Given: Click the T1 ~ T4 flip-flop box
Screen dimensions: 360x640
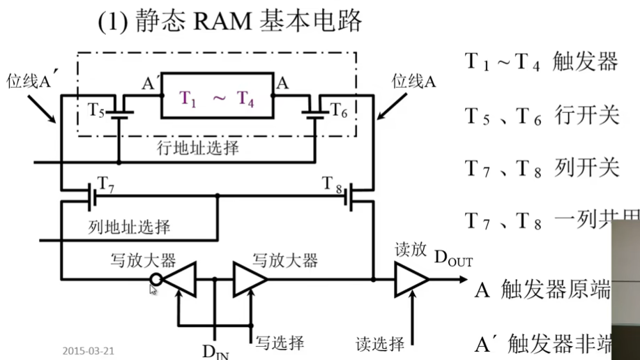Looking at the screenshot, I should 218,98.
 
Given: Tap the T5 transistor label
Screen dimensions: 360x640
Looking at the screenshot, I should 97,109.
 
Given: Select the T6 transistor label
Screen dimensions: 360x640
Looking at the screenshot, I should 338,109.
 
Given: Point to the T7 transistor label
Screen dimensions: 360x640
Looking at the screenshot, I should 106,184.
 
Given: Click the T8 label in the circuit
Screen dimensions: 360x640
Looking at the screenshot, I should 333,184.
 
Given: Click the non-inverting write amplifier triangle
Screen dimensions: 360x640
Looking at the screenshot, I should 250,279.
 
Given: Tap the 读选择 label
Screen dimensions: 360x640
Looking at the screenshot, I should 380,343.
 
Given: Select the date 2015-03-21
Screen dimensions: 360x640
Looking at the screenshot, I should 88,350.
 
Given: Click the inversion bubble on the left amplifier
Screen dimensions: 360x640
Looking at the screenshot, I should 157,280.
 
